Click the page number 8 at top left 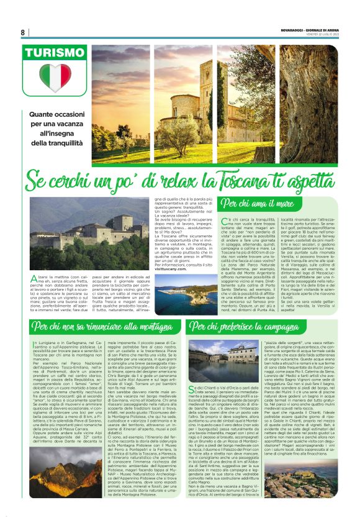23,32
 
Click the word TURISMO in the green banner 55,53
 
